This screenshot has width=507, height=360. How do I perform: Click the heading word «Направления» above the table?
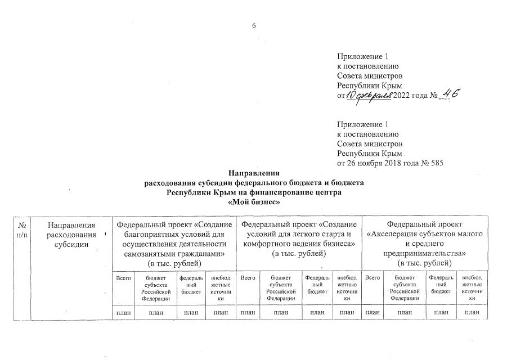click(x=254, y=173)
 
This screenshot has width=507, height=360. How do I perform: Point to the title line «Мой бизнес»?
click(x=254, y=202)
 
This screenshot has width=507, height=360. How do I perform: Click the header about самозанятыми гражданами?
click(x=174, y=244)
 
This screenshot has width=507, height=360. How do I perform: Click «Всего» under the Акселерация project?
click(x=373, y=278)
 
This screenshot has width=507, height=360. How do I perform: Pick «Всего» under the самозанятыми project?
click(x=123, y=278)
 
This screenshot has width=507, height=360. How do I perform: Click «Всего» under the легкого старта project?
click(x=248, y=278)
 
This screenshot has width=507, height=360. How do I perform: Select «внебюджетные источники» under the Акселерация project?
click(x=472, y=288)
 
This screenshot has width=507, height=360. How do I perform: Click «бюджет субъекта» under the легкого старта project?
click(x=281, y=288)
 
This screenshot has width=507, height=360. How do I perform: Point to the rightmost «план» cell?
click(x=472, y=312)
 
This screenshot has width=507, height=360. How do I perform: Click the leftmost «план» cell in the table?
click(x=123, y=312)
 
